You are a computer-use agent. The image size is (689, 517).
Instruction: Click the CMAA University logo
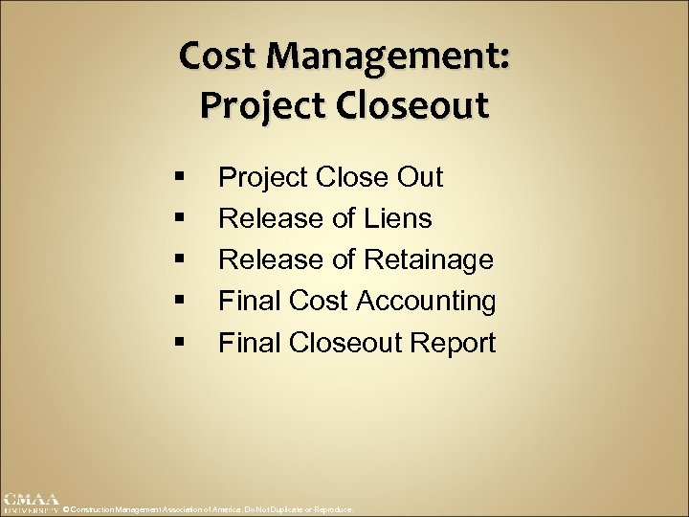30,503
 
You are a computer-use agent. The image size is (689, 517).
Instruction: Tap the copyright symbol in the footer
65,510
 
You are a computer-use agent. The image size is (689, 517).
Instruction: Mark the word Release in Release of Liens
268,219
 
